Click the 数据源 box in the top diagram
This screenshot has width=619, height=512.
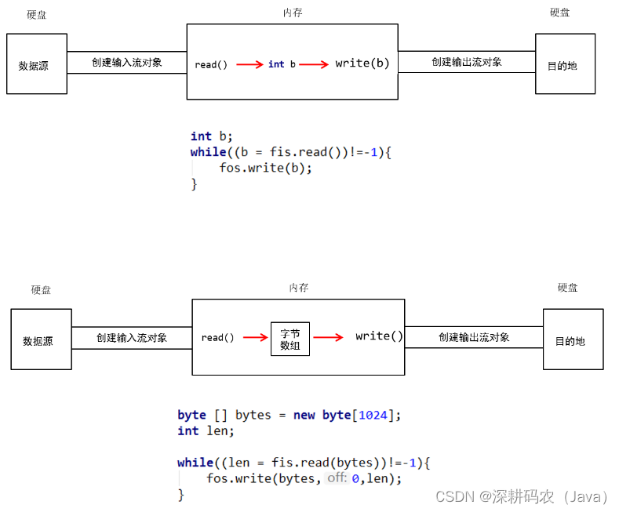coord(37,64)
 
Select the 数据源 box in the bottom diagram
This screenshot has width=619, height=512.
coord(41,340)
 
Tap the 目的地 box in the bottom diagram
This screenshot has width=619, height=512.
coord(573,340)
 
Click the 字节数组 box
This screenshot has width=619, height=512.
coord(289,339)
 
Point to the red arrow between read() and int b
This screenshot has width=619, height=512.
coord(249,64)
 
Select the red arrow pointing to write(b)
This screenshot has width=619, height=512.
coord(314,64)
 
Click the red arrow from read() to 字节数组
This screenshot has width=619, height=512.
coord(256,338)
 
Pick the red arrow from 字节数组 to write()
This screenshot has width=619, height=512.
coord(328,338)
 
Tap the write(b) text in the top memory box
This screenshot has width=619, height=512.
coord(362,64)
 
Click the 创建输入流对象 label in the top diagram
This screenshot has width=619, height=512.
coord(126,62)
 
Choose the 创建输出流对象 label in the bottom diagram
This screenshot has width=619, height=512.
coord(474,337)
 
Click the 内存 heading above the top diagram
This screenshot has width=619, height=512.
coord(293,13)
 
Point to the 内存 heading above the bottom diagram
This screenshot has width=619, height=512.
coord(298,288)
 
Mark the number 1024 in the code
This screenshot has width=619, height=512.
coord(372,415)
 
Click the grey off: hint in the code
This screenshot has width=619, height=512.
coord(337,478)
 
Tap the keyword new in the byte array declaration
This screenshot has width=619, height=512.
coord(304,415)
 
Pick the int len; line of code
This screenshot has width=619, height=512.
coord(206,430)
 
